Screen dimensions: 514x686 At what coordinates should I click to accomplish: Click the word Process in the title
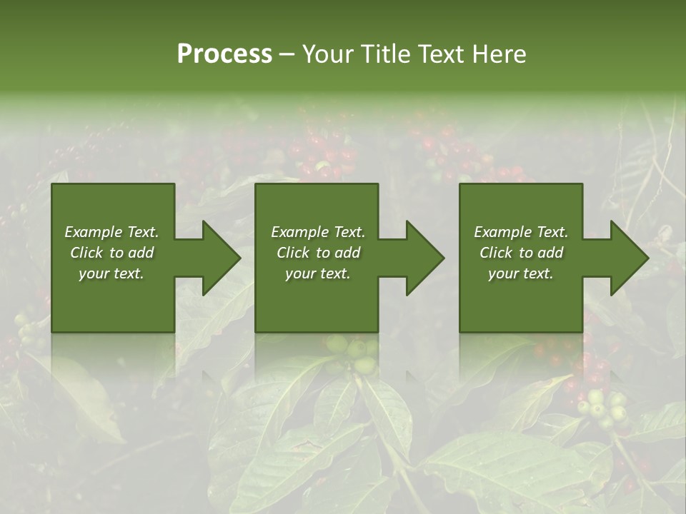coord(224,54)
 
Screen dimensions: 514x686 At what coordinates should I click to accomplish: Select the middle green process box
coord(317,307)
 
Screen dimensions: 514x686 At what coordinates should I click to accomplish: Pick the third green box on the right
coord(520,307)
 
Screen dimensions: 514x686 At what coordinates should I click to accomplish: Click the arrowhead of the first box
coord(217,258)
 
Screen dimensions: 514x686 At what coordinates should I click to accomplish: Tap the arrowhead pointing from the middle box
coord(422,258)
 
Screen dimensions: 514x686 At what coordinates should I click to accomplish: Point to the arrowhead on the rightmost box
coord(625,258)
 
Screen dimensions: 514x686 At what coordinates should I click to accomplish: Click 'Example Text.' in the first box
coord(112,232)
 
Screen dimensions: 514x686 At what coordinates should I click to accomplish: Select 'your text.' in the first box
coord(112,273)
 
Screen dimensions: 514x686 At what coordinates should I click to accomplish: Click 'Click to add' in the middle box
coord(318,253)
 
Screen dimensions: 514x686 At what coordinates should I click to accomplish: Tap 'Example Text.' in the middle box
coord(318,232)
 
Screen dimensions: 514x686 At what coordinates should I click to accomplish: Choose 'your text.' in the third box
coord(521,273)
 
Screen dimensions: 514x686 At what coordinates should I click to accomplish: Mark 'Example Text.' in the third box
coord(521,232)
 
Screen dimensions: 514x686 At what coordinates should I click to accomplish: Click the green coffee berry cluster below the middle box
coord(354,353)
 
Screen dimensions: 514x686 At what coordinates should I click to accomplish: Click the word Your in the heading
coord(327,54)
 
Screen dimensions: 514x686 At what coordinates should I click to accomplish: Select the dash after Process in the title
coord(287,54)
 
